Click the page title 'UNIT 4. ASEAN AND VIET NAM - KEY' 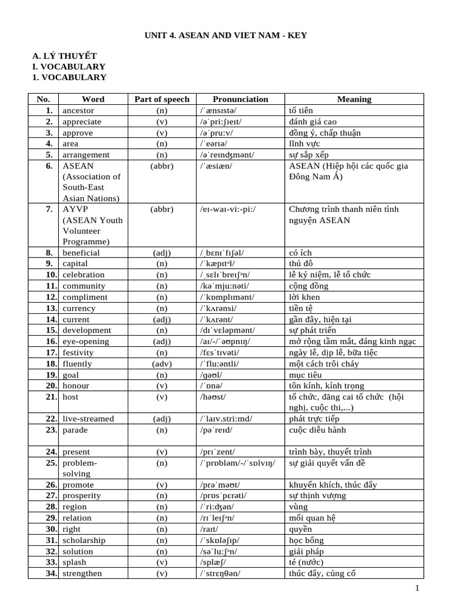(226, 35)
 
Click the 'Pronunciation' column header (240, 100)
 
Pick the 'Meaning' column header (354, 100)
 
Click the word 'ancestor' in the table (78, 111)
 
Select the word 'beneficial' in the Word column (81, 253)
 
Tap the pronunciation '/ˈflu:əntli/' (221, 364)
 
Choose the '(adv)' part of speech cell (162, 364)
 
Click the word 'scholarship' (84, 541)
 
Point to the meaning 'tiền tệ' (302, 308)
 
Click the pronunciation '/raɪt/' (210, 529)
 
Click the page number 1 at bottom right (417, 588)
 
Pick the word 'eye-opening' (86, 342)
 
